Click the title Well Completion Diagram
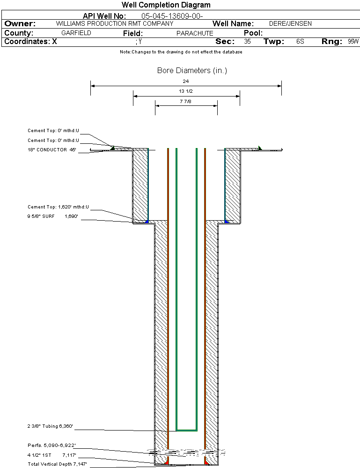coord(166,5)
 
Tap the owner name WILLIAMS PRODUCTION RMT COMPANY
coord(111,23)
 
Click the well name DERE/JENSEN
coord(290,23)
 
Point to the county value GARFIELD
coord(76,33)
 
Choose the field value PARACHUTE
coord(195,33)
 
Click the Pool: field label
coord(253,33)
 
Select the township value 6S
coord(300,42)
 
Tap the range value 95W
coord(353,42)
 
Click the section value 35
coord(247,42)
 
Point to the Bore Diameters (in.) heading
coord(192,71)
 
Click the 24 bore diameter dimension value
coord(186,81)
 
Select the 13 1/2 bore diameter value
coord(186,91)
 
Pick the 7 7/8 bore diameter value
coord(186,101)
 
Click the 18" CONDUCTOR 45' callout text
coord(51,150)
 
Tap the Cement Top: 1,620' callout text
coord(58,207)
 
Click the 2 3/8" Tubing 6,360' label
coord(50,427)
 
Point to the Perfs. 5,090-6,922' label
coord(51,445)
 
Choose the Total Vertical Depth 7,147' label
coord(57,464)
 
